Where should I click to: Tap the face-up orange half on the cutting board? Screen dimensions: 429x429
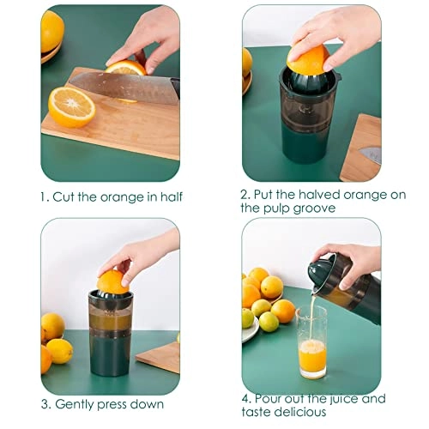[71, 107]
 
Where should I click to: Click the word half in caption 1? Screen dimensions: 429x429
[167, 196]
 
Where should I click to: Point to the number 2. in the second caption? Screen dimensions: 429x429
[246, 194]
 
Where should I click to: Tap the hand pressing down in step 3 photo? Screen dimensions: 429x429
[142, 253]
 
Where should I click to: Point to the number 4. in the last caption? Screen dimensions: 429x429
[247, 399]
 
